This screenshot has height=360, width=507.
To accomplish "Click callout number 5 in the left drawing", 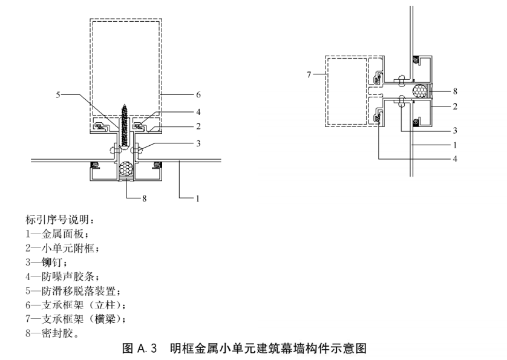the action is pyautogui.click(x=58, y=95).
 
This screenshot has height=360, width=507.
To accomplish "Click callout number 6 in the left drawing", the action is pyautogui.click(x=198, y=95).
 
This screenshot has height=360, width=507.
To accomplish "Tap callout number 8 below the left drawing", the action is pyautogui.click(x=144, y=198).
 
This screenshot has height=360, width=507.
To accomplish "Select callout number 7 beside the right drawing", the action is pyautogui.click(x=309, y=74).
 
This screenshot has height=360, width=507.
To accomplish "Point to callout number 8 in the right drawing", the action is pyautogui.click(x=455, y=91).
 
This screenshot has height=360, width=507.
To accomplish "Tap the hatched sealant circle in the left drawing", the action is pyautogui.click(x=126, y=169).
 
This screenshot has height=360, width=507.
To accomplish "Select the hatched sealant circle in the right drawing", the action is pyautogui.click(x=420, y=91).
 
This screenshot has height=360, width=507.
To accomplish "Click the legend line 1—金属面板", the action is pyautogui.click(x=57, y=234).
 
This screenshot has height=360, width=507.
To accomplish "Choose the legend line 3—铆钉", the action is pyautogui.click(x=46, y=263).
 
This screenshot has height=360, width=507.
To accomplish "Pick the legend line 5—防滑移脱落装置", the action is pyautogui.click(x=73, y=291).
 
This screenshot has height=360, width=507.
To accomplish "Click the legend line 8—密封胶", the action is pyautogui.click(x=52, y=333).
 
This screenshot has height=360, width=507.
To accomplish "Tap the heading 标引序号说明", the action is pyautogui.click(x=60, y=220).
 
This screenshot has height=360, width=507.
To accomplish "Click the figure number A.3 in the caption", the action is pyautogui.click(x=147, y=349).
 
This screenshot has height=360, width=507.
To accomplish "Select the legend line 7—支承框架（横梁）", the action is pyautogui.click(x=76, y=319).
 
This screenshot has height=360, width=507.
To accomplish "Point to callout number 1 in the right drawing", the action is pyautogui.click(x=455, y=145).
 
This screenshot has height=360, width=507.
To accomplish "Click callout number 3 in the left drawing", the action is pyautogui.click(x=198, y=143).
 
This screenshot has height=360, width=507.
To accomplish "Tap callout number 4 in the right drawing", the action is pyautogui.click(x=455, y=159).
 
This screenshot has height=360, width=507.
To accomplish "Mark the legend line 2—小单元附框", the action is pyautogui.click(x=62, y=248).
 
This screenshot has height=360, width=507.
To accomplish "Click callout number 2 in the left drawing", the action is pyautogui.click(x=198, y=126).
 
